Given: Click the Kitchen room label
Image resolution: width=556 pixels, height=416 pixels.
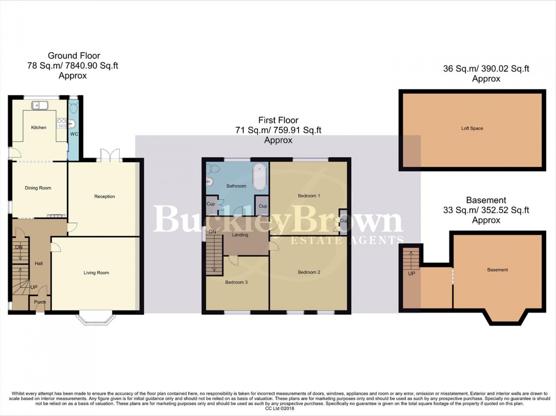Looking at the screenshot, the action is pos(39,127).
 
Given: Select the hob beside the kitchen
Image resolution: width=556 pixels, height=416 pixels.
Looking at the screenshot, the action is pos(62,123).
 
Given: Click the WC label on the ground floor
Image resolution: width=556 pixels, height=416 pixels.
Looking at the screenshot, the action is pos(74,134).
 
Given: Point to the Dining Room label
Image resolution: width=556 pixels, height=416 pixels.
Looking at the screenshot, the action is pos(38,188).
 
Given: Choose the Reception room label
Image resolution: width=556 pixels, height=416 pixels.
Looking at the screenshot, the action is pos(104,196).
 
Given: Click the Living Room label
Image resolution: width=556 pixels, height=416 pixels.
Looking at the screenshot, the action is pos(96,273).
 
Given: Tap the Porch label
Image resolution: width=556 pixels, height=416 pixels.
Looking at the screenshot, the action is pos(40,302).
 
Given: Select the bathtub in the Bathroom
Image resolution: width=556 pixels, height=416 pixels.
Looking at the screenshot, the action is pos(260,177).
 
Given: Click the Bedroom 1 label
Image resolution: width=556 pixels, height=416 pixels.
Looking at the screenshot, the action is pos(309,196).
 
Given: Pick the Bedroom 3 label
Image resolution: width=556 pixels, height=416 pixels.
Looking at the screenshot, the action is pos(236,282).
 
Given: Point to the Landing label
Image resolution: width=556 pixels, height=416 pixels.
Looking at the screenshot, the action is pos(240,235).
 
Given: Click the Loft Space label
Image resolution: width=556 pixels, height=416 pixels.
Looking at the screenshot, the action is pos(472,128).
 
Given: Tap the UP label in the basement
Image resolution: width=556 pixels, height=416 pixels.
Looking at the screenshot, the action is pos(411,274).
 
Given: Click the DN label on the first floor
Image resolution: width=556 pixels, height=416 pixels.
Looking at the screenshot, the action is pos(212,232).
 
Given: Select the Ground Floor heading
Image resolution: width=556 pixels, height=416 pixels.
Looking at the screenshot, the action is pos(74,56).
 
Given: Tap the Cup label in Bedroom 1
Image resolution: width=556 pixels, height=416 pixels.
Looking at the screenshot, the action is pos(344,221).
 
